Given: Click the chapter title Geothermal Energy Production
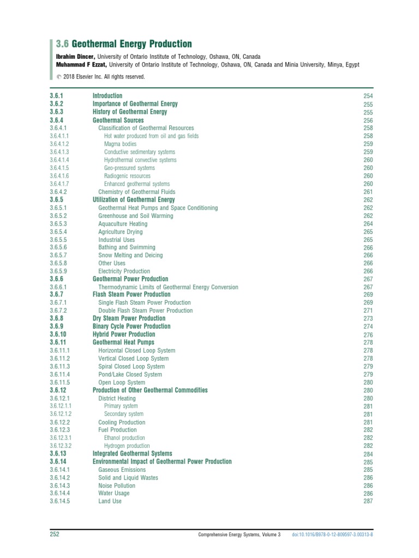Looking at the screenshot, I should pos(131,44).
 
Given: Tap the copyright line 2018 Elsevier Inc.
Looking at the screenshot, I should pos(104,77).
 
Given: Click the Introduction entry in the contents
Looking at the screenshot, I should pos(107,96).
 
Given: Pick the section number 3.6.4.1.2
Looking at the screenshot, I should pos(59,144).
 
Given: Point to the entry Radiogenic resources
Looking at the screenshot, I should pos(127,176).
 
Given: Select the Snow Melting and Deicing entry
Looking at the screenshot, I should pos(130,255).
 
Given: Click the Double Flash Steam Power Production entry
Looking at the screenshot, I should pos(145,311).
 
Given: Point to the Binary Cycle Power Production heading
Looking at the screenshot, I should pos(131,326).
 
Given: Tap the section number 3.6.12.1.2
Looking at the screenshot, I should pos(61,414).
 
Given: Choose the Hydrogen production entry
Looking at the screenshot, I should pos(127,446).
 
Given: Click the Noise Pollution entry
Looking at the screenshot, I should pos(117,485).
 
